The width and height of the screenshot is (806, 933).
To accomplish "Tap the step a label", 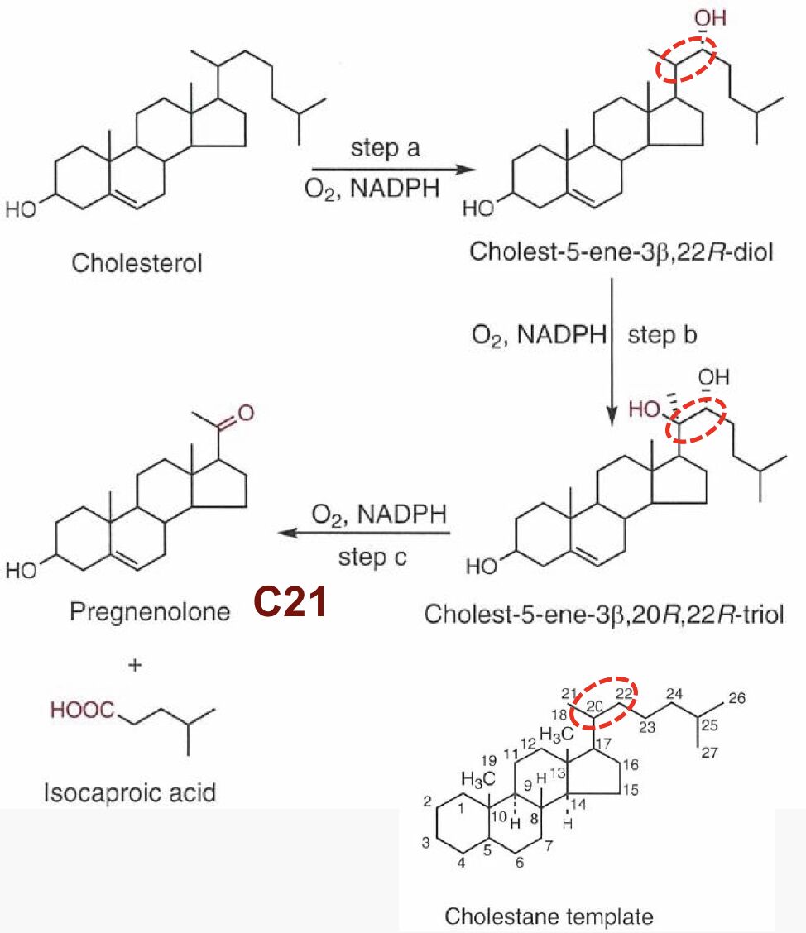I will click(385, 149).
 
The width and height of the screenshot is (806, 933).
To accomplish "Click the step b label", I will click(662, 335).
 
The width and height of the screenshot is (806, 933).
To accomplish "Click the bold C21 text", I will click(290, 603).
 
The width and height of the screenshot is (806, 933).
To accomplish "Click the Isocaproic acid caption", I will click(130, 792).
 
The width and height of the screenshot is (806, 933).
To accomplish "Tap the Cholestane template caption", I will click(549, 916).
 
